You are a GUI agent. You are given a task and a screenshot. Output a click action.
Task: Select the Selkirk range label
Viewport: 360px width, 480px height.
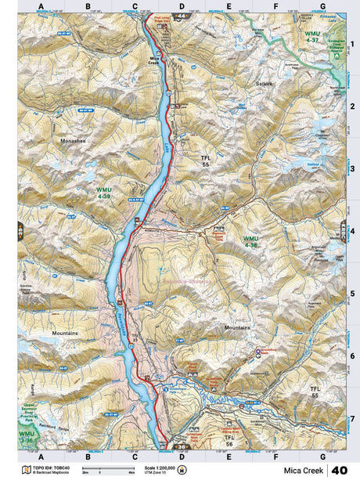coord(262,81)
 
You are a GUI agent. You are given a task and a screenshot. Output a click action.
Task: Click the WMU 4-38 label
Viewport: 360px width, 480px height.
coord(250,240)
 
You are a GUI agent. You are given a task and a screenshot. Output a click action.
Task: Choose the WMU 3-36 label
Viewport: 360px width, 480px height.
coord(27,435)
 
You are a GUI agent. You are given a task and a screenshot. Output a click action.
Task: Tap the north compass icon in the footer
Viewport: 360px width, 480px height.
coord(182,470)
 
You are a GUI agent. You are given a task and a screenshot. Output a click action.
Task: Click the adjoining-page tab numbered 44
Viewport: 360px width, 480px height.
coord(182,15)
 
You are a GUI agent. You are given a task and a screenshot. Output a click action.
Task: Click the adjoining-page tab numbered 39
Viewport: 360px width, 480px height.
coord(20,232)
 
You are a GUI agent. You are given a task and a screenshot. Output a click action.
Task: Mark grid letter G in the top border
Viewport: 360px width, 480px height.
coord(322,7)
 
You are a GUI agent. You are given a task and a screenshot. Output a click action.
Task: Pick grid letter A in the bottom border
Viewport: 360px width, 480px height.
coord(41,456)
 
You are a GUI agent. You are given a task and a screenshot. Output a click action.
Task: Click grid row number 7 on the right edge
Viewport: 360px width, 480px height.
coord(352,418)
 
